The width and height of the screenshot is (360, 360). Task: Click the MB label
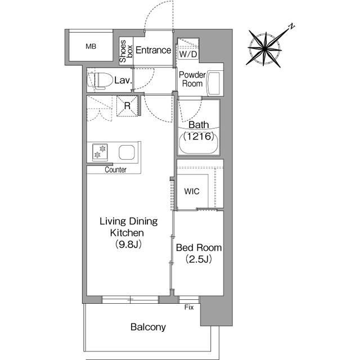91,46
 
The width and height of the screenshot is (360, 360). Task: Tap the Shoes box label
126,51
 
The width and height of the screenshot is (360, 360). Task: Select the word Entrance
153,50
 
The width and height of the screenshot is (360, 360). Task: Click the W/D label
188,55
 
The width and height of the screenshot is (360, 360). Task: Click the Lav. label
123,80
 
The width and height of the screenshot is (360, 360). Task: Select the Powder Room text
192,79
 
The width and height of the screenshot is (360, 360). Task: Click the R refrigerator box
128,106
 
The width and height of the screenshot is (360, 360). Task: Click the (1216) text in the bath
199,136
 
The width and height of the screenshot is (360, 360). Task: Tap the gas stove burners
100,152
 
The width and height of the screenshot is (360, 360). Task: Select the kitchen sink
127,152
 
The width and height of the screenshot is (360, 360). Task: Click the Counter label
115,170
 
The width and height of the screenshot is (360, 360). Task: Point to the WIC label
192,191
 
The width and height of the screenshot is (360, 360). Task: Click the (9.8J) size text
128,244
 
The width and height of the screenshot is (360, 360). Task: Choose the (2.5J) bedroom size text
199,259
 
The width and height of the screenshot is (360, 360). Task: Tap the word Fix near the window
189,307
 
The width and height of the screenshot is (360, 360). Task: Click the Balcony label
148,327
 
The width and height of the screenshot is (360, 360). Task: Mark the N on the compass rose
291,26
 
